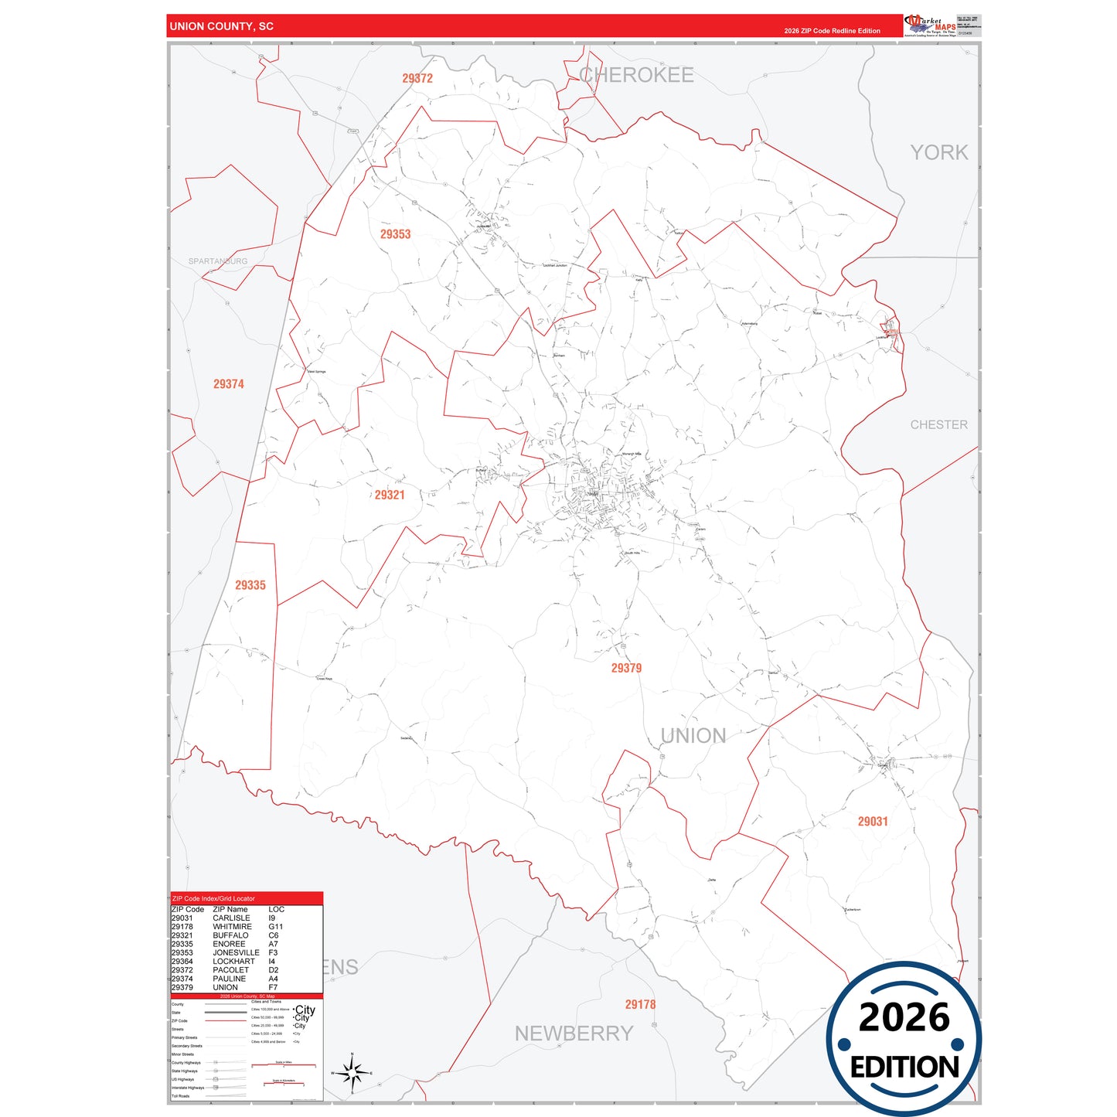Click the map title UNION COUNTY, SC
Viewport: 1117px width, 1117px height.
click(x=221, y=26)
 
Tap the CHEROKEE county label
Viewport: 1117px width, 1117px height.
click(x=636, y=75)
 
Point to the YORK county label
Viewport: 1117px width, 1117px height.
click(x=938, y=152)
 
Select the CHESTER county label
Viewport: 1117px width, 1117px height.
click(x=938, y=424)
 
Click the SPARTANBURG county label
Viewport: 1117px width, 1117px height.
click(x=218, y=261)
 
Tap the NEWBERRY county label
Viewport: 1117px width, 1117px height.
click(x=574, y=1034)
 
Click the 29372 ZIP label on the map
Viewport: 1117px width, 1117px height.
click(x=417, y=78)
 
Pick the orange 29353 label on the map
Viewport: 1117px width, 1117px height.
click(x=395, y=234)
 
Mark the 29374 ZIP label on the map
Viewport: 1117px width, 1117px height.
click(x=229, y=384)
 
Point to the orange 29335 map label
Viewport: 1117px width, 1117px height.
click(x=250, y=585)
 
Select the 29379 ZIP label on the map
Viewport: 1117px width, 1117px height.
click(x=626, y=668)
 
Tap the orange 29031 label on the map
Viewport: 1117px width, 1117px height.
click(x=873, y=822)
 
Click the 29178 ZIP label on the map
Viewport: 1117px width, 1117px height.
click(x=640, y=1004)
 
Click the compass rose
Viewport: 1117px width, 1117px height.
click(x=352, y=1073)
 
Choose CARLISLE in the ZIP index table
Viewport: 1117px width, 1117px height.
click(x=231, y=918)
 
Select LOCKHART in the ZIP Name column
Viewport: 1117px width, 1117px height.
click(x=233, y=962)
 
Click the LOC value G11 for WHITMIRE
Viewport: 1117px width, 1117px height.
click(x=276, y=927)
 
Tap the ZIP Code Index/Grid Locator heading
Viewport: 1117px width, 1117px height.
click(x=213, y=899)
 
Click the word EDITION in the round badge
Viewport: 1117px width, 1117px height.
click(x=904, y=1068)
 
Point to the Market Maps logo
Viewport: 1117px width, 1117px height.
click(x=929, y=26)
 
